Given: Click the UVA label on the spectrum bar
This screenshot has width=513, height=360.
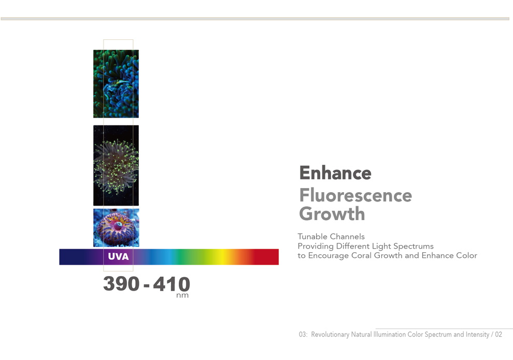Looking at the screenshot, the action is (x=119, y=256).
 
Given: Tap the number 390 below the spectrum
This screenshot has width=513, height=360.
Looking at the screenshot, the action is (x=121, y=283).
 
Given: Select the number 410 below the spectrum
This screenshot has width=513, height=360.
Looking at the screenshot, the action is (x=172, y=284).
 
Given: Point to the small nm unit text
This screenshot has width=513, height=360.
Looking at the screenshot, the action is (x=182, y=295).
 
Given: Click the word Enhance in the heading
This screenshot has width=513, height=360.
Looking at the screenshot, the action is (x=335, y=172).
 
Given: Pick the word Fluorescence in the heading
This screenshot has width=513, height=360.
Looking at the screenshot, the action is (x=355, y=195).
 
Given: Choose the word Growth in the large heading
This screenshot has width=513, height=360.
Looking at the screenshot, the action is (x=332, y=214).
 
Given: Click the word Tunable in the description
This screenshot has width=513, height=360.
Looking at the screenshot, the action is (x=312, y=236).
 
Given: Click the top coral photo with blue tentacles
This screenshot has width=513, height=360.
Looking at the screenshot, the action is (x=116, y=84).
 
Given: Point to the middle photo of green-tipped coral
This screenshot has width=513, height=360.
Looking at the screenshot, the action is (x=116, y=165).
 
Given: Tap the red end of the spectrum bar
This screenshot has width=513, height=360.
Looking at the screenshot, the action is (x=267, y=257).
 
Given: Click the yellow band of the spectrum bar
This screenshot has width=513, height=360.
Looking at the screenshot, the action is (x=222, y=257).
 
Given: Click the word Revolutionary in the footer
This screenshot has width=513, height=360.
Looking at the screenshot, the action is (x=330, y=335).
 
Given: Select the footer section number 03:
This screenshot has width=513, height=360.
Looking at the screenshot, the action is (x=303, y=335).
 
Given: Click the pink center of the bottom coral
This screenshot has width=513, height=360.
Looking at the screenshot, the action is (x=118, y=225).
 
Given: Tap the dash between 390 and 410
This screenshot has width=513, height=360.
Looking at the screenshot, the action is (x=147, y=286).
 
